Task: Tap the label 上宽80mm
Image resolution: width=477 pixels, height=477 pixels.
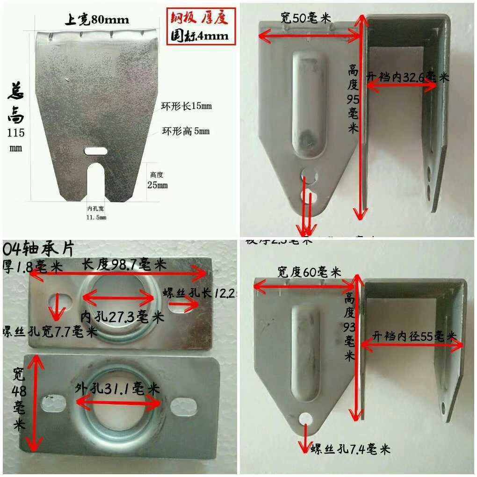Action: point(96,20)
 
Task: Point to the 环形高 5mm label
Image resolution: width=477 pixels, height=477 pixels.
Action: point(186,131)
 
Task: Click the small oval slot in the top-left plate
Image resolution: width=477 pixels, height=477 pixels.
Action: point(96,151)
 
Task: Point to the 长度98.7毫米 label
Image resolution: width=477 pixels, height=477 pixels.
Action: point(124,265)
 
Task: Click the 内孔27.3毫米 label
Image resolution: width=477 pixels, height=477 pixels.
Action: point(123,318)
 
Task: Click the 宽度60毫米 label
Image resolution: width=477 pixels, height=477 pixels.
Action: point(309,272)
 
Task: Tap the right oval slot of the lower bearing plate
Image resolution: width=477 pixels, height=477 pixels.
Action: point(182,406)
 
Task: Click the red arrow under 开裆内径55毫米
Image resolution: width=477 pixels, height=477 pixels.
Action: point(412,345)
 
